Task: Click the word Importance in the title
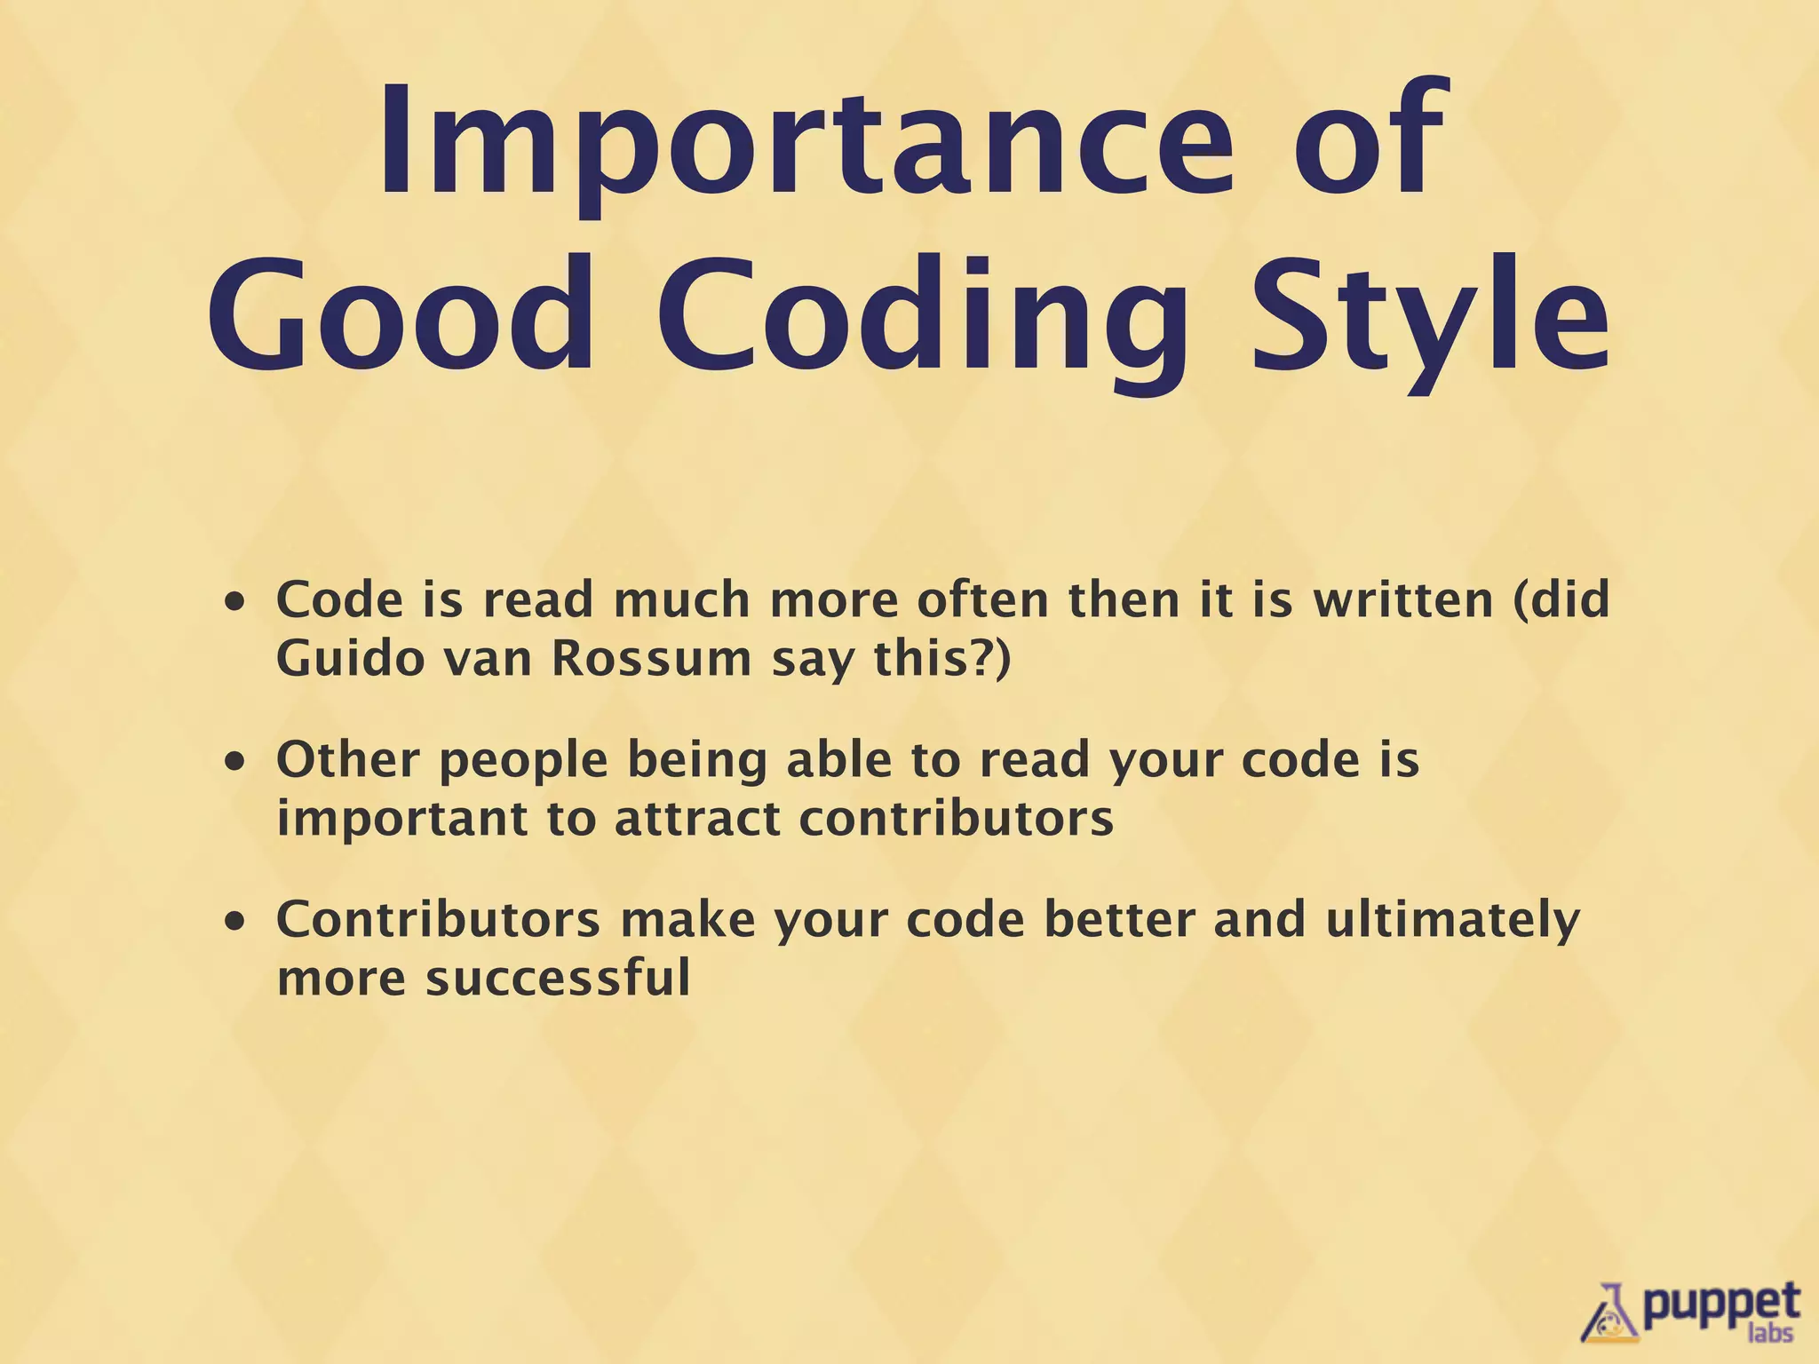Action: click(805, 142)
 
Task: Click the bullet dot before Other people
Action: click(234, 763)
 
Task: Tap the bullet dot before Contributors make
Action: click(234, 923)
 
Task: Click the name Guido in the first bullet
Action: click(351, 659)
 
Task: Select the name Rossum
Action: click(651, 659)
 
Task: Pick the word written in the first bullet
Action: click(1403, 600)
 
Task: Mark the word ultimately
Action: click(1452, 922)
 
